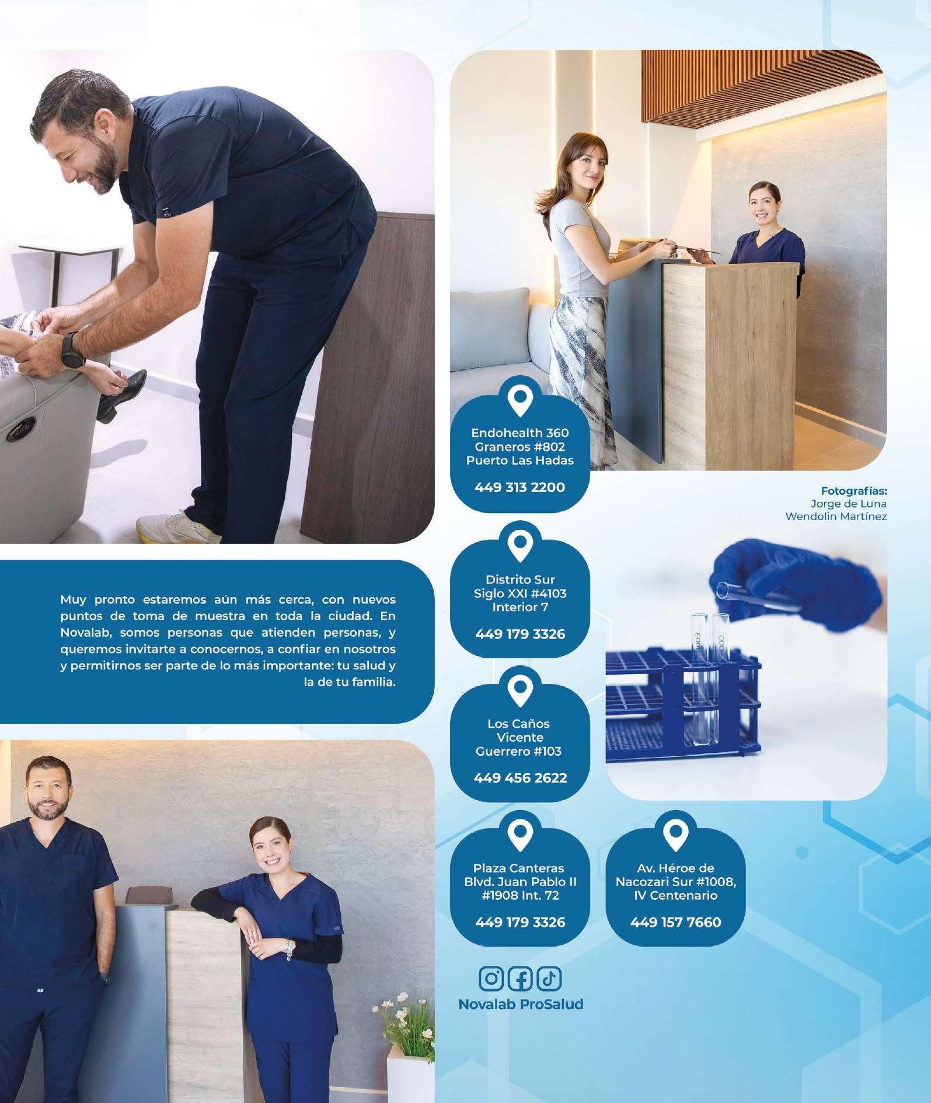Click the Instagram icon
(x=491, y=978)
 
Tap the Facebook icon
(x=520, y=978)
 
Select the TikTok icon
(x=549, y=978)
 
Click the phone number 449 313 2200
(x=519, y=487)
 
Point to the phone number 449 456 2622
(x=520, y=777)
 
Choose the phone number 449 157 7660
(x=675, y=922)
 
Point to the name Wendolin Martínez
(x=836, y=516)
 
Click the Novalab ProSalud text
(x=521, y=1004)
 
